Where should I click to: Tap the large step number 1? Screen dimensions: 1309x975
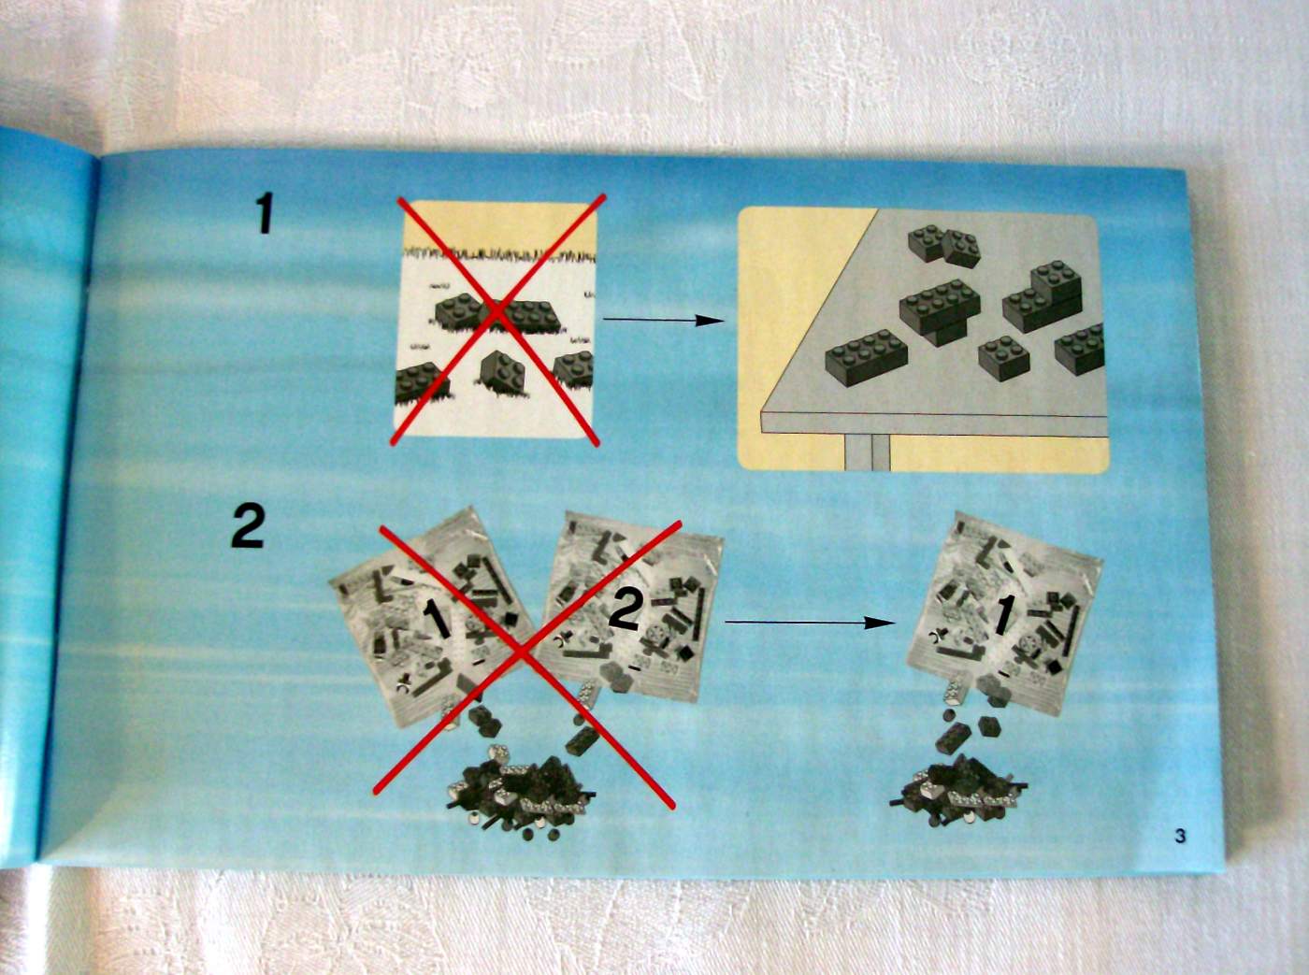point(265,215)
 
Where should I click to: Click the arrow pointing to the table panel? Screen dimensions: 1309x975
point(663,321)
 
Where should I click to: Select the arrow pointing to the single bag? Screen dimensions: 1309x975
point(808,622)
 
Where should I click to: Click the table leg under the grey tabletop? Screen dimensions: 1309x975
point(867,452)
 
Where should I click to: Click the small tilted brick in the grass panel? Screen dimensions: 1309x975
point(502,372)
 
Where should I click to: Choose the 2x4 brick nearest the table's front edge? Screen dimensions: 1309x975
point(866,356)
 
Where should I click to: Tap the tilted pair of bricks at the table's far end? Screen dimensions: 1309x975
point(944,244)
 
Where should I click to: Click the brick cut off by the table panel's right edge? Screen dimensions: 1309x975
point(1079,348)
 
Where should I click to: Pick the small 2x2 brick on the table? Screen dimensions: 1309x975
point(1003,357)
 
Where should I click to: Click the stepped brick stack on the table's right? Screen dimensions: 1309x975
point(1043,297)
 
